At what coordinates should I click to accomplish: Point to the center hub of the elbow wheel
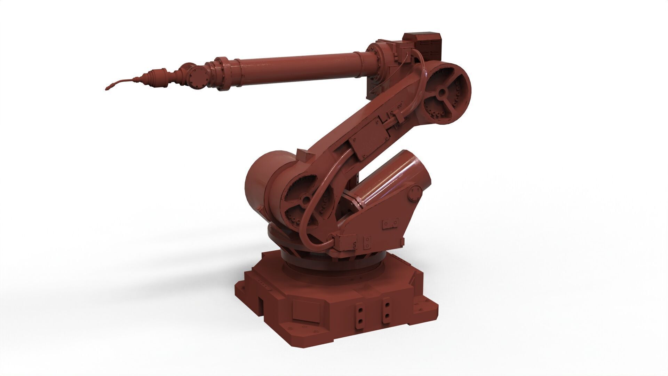[x=442, y=92]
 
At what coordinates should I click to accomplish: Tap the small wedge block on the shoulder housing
[x=302, y=153]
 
